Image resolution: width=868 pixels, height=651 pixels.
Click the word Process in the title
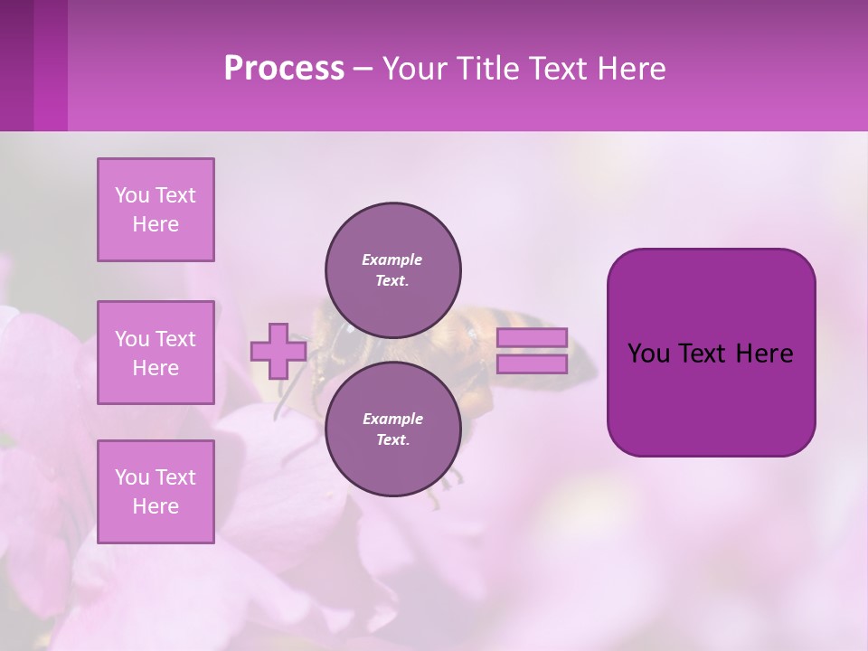pos(284,68)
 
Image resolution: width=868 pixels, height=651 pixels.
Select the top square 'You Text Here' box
pos(156,210)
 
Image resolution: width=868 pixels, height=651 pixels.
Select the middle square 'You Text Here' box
pos(156,353)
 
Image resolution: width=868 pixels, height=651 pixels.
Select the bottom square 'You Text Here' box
pos(156,492)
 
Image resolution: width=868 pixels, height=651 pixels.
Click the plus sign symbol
pos(278,352)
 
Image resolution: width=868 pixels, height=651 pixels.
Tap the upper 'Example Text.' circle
pos(393,269)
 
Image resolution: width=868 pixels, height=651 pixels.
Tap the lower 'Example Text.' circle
pos(393,429)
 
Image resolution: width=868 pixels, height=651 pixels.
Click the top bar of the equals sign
pos(533,337)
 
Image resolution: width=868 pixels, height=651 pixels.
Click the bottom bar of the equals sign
pos(533,363)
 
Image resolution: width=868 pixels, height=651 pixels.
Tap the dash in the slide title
pos(363,70)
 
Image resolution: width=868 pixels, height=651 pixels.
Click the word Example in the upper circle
pos(392,259)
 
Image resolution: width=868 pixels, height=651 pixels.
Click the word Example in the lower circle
pos(392,419)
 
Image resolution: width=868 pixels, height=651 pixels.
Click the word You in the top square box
pos(132,195)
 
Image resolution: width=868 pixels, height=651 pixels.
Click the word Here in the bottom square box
pos(156,506)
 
